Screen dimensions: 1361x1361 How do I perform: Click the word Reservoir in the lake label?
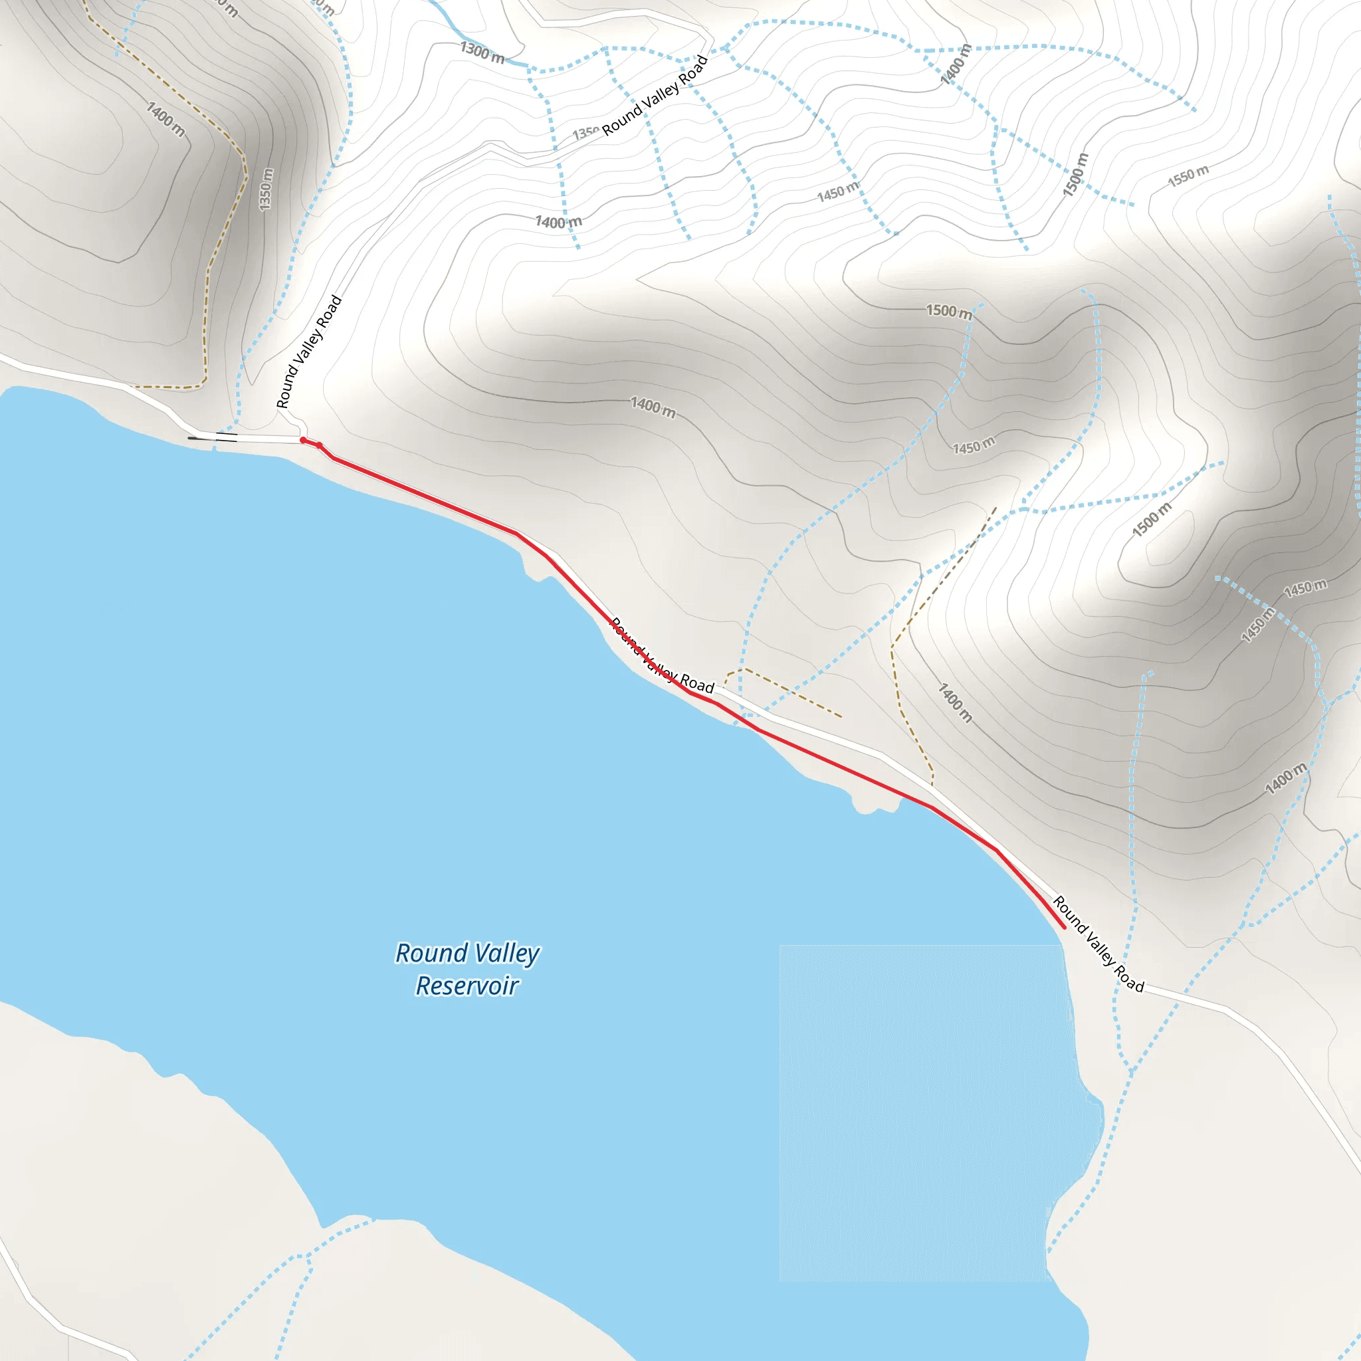[x=467, y=986]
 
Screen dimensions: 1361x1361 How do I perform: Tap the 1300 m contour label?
[x=482, y=52]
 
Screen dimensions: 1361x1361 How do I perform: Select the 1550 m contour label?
[x=1188, y=175]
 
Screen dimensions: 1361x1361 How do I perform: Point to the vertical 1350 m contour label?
[x=266, y=189]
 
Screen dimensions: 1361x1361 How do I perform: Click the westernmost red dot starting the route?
[x=303, y=441]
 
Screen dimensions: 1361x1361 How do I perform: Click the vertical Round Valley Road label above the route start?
[x=308, y=352]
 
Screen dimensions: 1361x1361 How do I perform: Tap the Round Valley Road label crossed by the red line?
[x=662, y=655]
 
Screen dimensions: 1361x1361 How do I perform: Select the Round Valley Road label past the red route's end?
[x=1098, y=944]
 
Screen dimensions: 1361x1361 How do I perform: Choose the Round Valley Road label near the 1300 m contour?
[x=655, y=96]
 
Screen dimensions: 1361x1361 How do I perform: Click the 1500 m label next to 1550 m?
[x=1076, y=174]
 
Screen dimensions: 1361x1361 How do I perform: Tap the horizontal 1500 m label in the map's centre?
[x=948, y=312]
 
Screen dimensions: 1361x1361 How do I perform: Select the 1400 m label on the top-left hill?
[x=166, y=119]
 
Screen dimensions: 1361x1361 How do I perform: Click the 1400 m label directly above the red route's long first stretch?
[x=653, y=407]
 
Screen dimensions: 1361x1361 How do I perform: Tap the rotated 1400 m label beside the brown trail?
[x=955, y=702]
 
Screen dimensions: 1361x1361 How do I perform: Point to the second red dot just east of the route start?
[x=319, y=445]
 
